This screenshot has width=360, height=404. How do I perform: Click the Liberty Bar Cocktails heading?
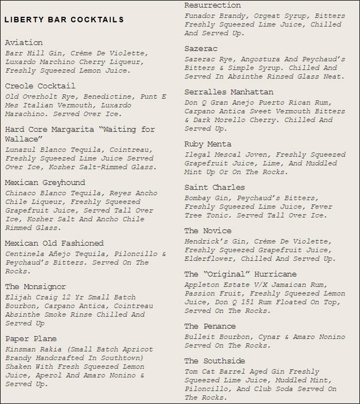click(x=64, y=20)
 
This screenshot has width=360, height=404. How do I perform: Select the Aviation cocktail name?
click(x=24, y=43)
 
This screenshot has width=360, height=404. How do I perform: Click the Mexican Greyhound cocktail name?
click(x=45, y=182)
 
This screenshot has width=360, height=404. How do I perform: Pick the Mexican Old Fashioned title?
click(x=54, y=243)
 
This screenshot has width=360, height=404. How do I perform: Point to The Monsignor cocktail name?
click(x=35, y=287)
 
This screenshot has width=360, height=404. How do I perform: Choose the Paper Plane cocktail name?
click(x=31, y=339)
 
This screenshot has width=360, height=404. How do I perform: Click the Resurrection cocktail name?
click(x=213, y=5)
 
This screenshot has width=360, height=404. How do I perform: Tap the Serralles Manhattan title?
click(x=229, y=92)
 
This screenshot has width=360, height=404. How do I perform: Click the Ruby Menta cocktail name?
click(x=207, y=144)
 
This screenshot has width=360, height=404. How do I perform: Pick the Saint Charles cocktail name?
click(x=214, y=187)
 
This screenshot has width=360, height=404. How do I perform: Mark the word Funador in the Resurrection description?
click(x=201, y=16)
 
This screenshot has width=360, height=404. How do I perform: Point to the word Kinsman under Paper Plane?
click(x=22, y=350)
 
